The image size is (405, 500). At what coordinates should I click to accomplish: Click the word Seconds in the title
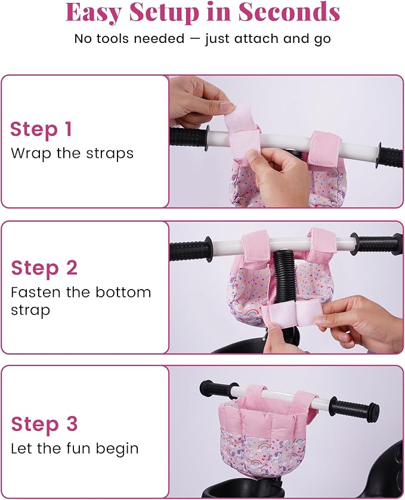[x=289, y=12]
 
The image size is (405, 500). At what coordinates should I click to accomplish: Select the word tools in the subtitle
[x=113, y=39]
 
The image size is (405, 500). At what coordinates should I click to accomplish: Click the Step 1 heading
[x=41, y=129]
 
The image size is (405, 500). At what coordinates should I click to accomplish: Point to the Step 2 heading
[x=44, y=267]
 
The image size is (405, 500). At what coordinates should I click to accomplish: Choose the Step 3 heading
[x=44, y=424]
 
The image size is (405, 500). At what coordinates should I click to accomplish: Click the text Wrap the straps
[x=72, y=153]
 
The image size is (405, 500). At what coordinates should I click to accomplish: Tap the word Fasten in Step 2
[x=35, y=292]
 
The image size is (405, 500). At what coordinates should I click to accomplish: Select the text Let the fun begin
[x=75, y=449]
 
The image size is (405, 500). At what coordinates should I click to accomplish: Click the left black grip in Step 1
[x=189, y=139]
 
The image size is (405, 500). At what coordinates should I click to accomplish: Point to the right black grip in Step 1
[x=390, y=156]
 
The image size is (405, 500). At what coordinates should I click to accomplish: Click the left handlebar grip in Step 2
[x=191, y=250]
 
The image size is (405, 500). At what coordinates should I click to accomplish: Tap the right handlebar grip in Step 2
[x=376, y=243]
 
